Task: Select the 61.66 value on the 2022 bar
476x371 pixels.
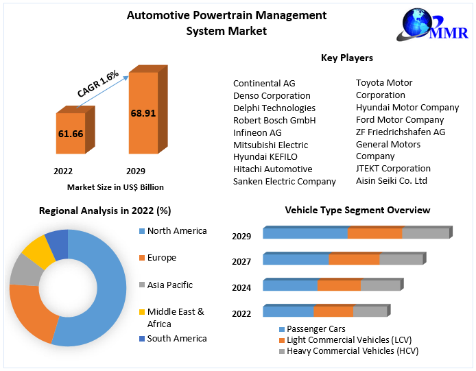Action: click(x=71, y=134)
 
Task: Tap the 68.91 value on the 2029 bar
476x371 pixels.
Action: click(x=143, y=112)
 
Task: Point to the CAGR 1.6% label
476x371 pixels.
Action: click(x=98, y=83)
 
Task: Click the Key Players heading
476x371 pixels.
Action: click(x=347, y=58)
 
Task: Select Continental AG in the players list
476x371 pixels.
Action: click(x=264, y=84)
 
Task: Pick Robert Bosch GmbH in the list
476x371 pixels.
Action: click(x=274, y=120)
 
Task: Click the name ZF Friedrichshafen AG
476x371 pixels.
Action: click(x=401, y=132)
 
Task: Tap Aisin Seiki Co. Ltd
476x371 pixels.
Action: click(x=391, y=180)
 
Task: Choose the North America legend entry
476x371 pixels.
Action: click(x=176, y=231)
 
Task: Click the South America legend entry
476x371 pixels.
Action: click(x=176, y=338)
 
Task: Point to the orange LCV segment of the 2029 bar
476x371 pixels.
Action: click(x=374, y=233)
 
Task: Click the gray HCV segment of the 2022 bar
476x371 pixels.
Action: click(x=370, y=311)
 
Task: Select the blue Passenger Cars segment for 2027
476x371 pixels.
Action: click(x=296, y=259)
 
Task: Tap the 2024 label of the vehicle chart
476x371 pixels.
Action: click(x=241, y=288)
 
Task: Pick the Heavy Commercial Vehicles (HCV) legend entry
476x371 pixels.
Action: click(x=352, y=351)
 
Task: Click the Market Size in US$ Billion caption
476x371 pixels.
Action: click(x=115, y=187)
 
